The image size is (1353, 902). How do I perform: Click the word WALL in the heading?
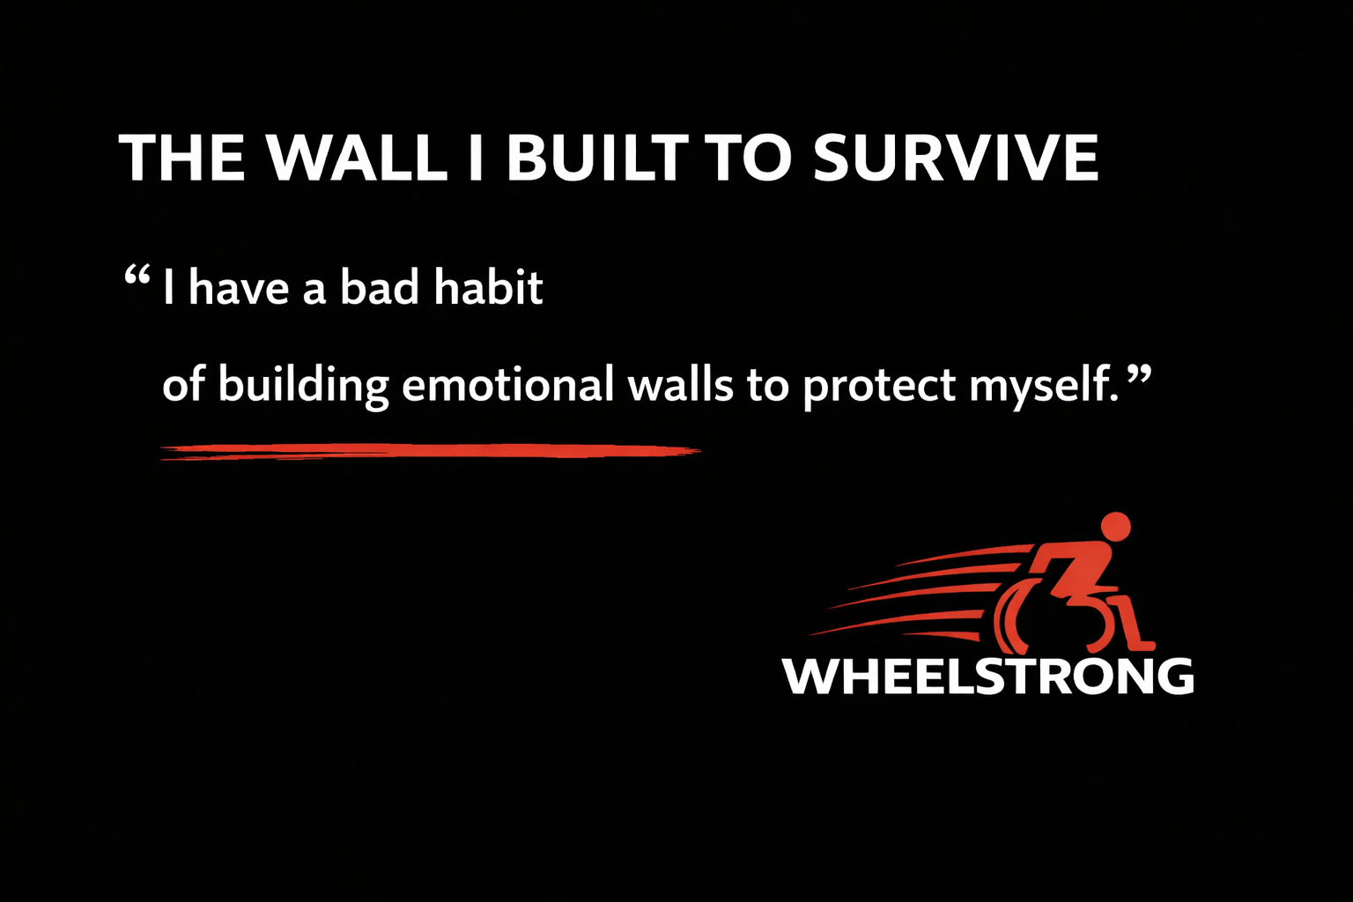[x=356, y=159]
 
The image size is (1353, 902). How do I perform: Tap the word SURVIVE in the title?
[x=956, y=159]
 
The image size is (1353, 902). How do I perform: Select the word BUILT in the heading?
[x=596, y=159]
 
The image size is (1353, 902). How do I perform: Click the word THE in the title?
[x=181, y=159]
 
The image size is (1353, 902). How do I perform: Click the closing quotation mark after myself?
[x=1139, y=376]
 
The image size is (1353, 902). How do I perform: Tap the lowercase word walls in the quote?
[x=680, y=385]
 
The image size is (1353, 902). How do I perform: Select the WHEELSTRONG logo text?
[x=987, y=676]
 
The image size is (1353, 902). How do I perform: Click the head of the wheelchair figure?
[x=1115, y=526]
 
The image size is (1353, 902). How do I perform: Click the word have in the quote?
[x=239, y=288]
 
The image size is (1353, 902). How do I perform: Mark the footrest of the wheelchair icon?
[x=1143, y=646]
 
